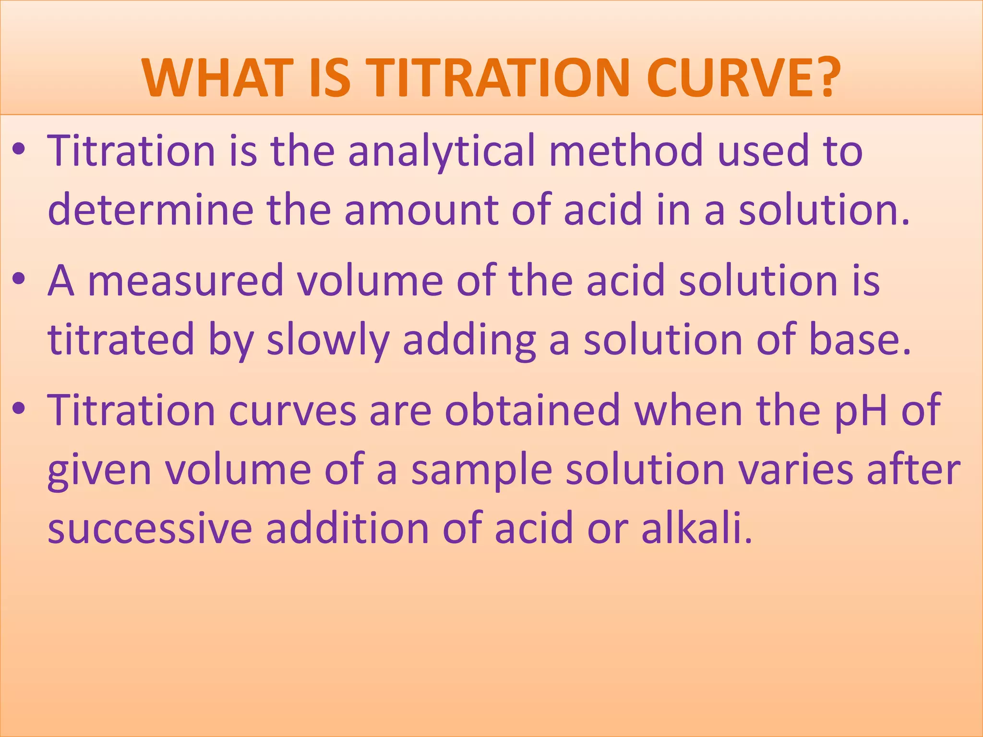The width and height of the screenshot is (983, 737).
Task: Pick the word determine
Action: [x=150, y=210]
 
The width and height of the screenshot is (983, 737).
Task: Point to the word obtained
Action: [x=532, y=410]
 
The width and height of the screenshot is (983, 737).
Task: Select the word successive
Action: [x=150, y=528]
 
